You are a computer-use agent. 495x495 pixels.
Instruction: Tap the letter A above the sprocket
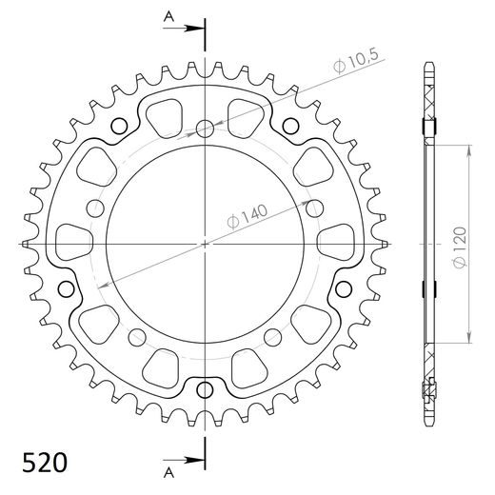click(168, 17)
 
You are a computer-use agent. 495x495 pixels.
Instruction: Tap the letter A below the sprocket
click(168, 471)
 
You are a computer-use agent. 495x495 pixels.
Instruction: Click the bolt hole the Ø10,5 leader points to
click(205, 129)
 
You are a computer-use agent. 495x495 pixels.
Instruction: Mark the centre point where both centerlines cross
click(205, 245)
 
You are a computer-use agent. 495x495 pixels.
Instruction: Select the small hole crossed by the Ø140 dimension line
click(93, 208)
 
